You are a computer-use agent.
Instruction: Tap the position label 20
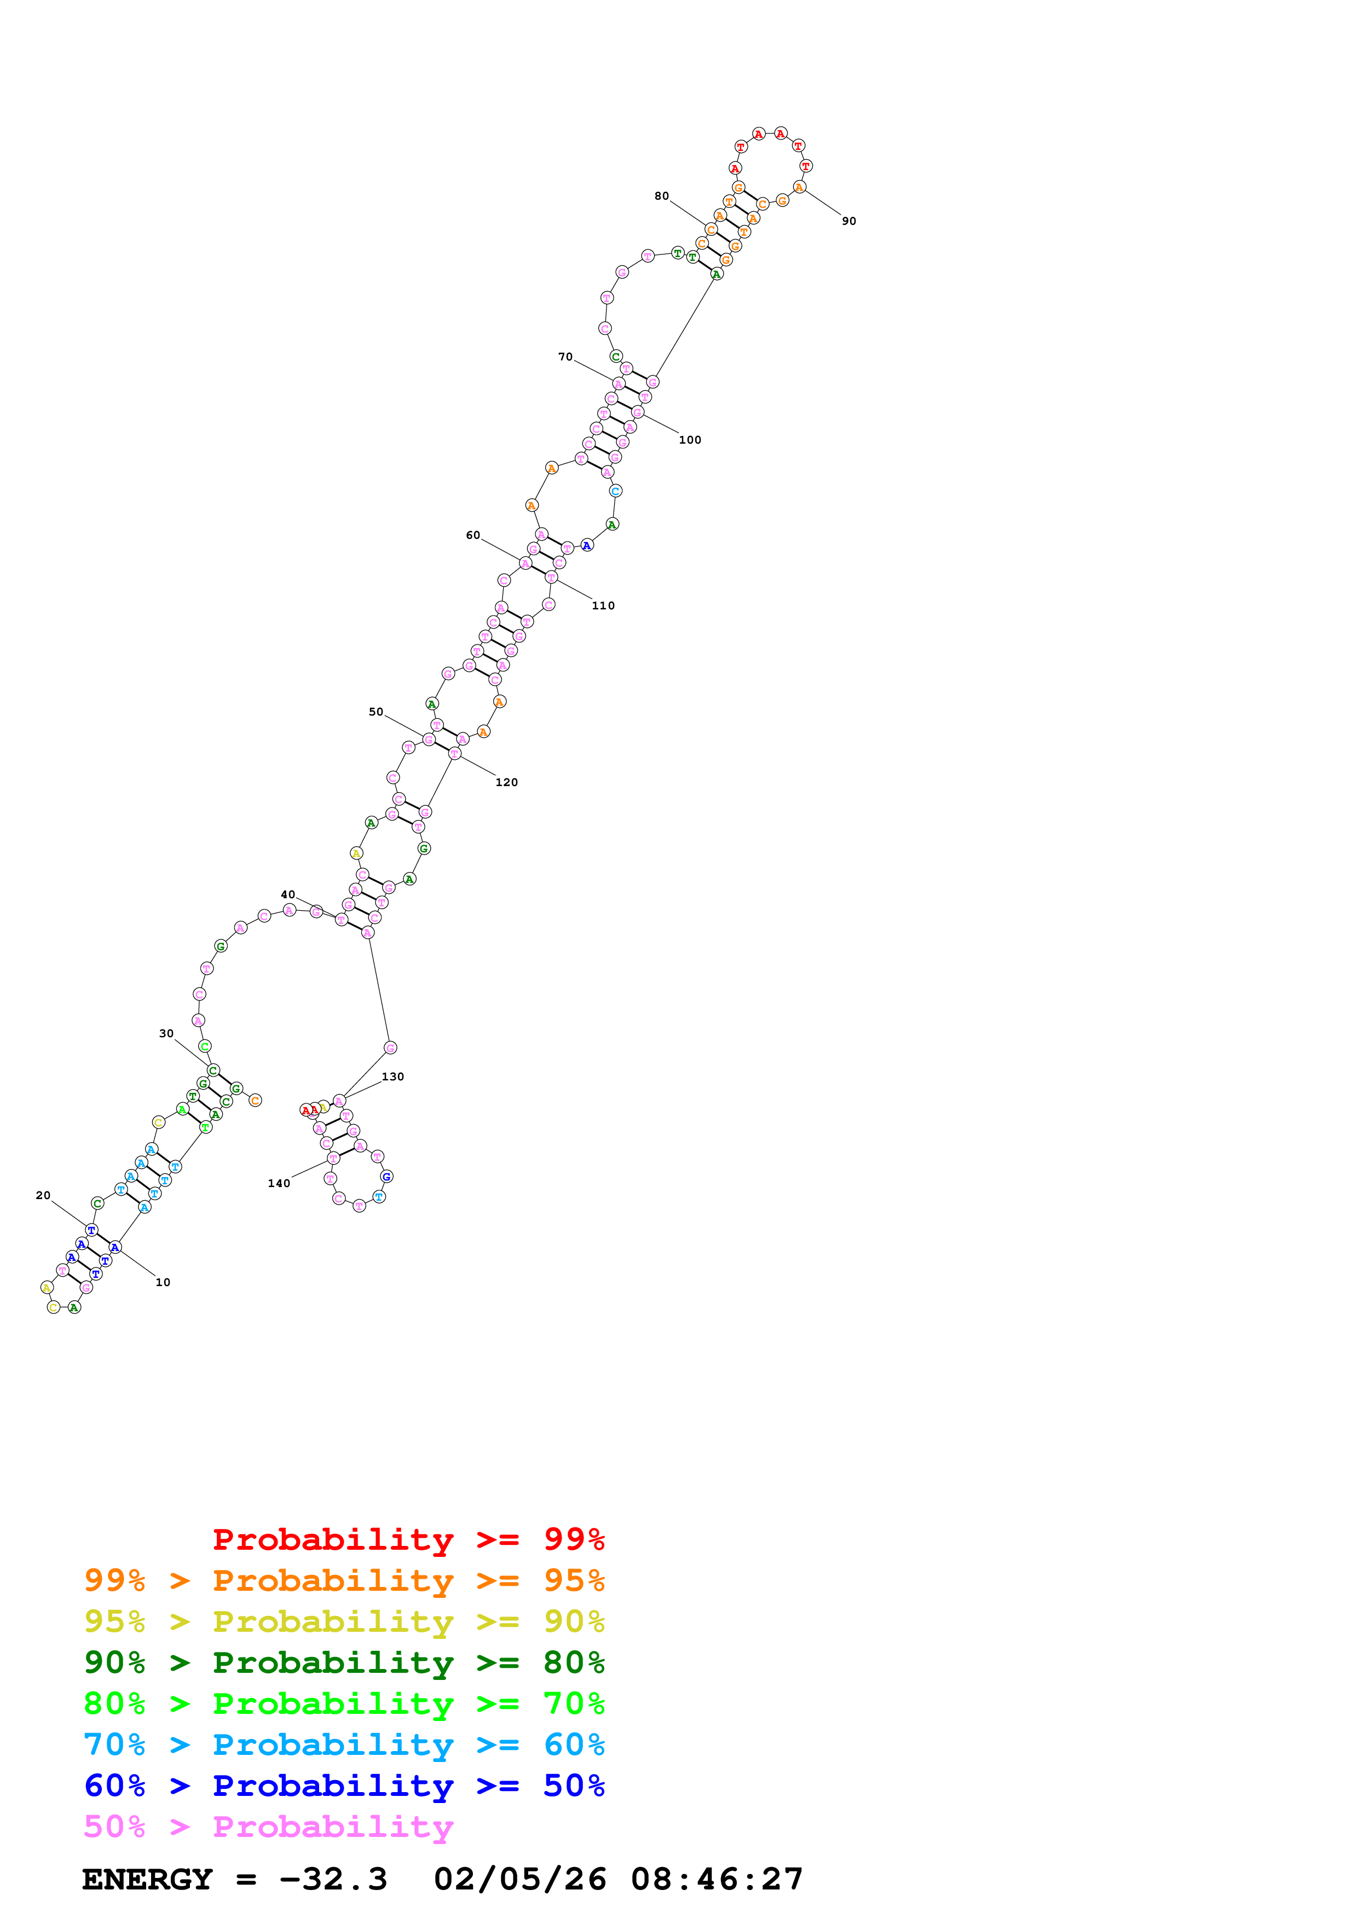tap(43, 1195)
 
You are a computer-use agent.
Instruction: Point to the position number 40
tap(287, 894)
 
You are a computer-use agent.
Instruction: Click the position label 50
tap(376, 712)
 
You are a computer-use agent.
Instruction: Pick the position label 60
tap(473, 535)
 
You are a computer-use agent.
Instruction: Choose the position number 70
tap(565, 357)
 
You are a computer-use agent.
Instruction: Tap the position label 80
tap(661, 196)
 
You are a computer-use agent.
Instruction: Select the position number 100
tap(690, 440)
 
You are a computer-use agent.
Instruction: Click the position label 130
tap(393, 1077)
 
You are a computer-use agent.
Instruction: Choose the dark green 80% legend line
tap(344, 1662)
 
